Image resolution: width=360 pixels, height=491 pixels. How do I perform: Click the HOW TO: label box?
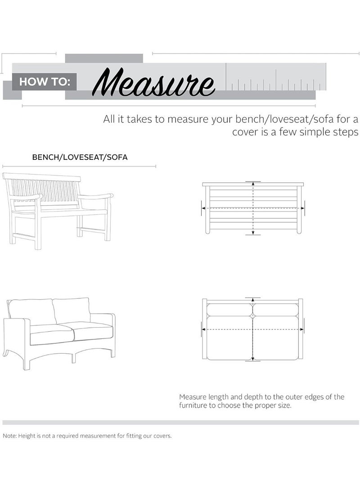click(44, 82)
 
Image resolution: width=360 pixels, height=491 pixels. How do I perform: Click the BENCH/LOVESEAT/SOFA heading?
click(80, 157)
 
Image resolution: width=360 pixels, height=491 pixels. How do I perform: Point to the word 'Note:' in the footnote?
click(10, 436)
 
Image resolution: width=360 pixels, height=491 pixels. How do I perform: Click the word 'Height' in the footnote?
click(26, 436)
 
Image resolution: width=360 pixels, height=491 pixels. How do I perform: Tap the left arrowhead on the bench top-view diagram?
click(203, 208)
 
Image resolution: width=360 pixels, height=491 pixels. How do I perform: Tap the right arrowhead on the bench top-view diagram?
click(302, 208)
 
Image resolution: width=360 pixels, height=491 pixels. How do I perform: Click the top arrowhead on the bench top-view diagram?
click(253, 184)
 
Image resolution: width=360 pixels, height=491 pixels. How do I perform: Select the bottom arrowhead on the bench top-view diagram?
click(253, 232)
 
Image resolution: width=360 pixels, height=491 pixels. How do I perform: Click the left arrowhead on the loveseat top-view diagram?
click(203, 329)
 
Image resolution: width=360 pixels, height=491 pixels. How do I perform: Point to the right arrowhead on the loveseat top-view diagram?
click(302, 329)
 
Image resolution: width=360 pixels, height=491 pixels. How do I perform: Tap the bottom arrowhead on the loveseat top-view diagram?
click(253, 359)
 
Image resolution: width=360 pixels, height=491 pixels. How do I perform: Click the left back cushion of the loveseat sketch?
click(31, 311)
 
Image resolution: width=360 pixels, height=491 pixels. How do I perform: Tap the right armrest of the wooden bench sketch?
click(95, 197)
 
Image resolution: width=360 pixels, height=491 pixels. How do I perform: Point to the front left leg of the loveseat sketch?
click(26, 362)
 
